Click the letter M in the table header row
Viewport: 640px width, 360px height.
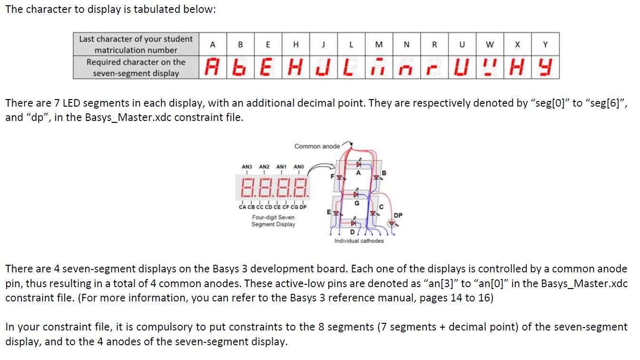(x=379, y=44)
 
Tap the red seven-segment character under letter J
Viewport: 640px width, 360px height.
(x=324, y=68)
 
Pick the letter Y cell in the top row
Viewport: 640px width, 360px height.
(x=545, y=44)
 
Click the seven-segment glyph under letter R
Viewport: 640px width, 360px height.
(x=433, y=68)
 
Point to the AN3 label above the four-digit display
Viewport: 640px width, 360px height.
(x=246, y=167)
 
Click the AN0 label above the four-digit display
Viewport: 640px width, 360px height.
(x=298, y=167)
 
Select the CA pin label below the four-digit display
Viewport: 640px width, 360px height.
(x=243, y=207)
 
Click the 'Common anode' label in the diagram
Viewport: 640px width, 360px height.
(x=317, y=146)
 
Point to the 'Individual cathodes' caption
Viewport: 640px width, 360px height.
(x=359, y=241)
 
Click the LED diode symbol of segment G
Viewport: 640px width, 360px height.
(x=356, y=194)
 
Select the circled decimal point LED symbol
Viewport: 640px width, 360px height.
(x=392, y=222)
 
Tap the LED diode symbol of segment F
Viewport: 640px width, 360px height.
(x=339, y=178)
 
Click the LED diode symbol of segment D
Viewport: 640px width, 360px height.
(x=353, y=223)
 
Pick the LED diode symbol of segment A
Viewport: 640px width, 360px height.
(x=358, y=164)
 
